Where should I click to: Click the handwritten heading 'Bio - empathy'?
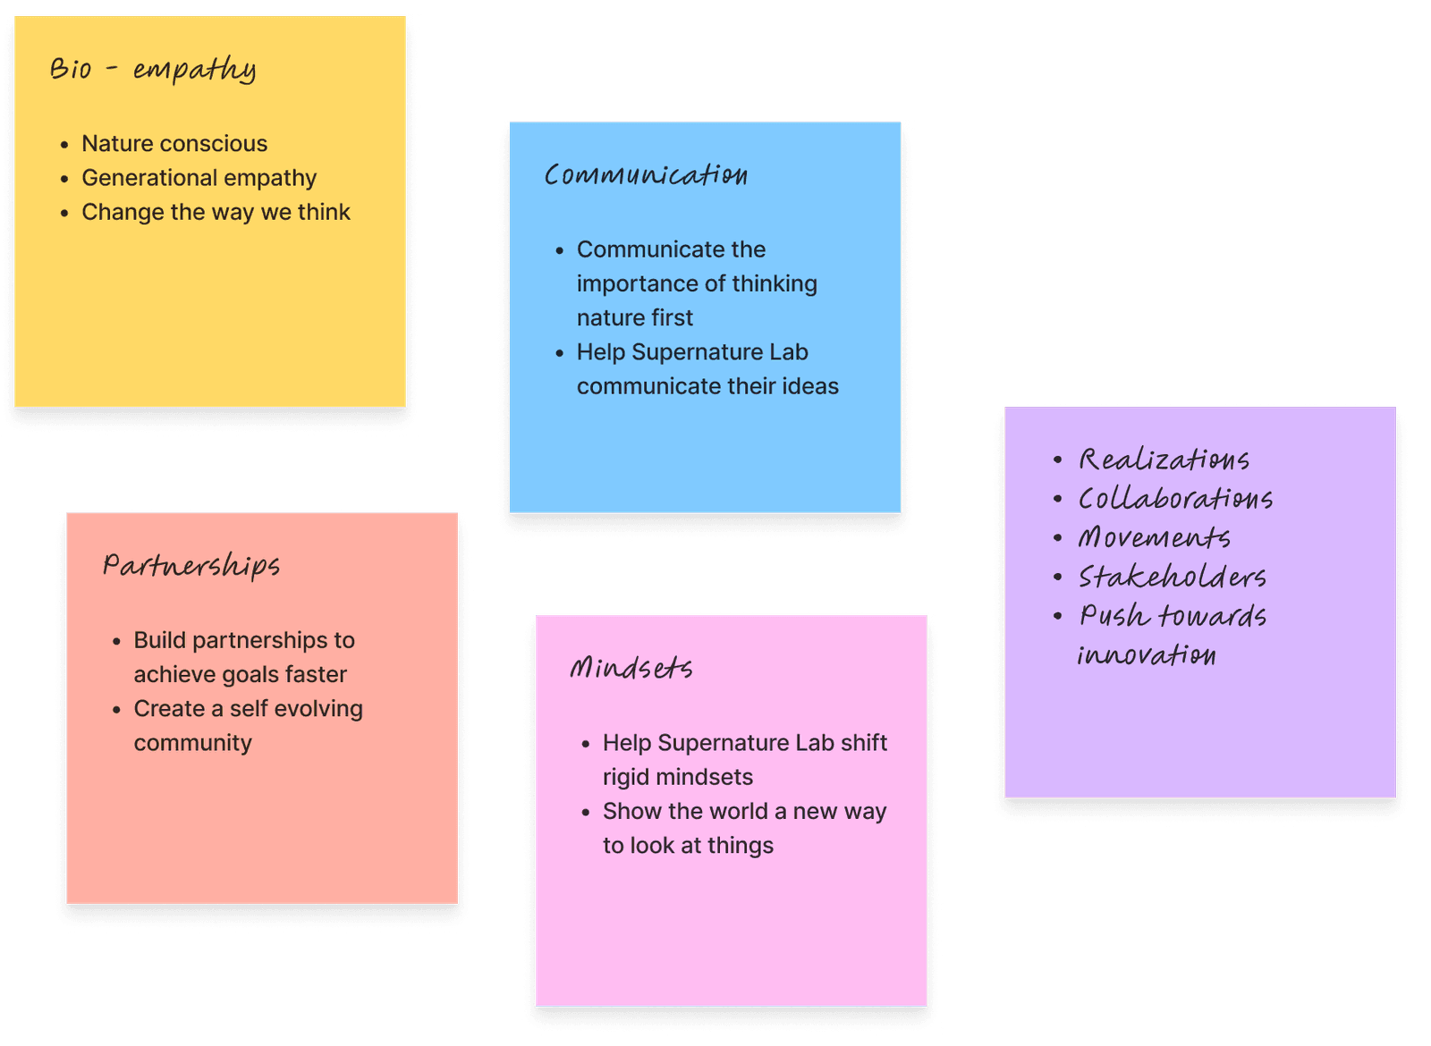click(x=153, y=69)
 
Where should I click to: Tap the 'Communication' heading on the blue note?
click(x=646, y=174)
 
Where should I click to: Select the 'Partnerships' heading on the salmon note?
click(x=191, y=565)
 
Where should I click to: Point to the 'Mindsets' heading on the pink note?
click(x=631, y=668)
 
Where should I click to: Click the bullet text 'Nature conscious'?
click(x=174, y=143)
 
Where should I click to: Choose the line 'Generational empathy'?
click(x=199, y=178)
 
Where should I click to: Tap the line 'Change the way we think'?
click(x=216, y=212)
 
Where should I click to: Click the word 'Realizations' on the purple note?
click(x=1164, y=460)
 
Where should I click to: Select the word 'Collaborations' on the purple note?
click(x=1175, y=499)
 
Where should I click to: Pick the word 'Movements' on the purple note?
click(x=1154, y=537)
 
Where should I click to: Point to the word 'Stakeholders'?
click(x=1172, y=577)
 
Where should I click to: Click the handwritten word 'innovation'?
click(x=1146, y=655)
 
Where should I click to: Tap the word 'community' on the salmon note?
click(x=192, y=743)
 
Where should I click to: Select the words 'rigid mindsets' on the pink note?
click(x=677, y=777)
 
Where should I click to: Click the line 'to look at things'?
click(x=688, y=846)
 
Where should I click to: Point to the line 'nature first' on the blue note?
click(x=634, y=317)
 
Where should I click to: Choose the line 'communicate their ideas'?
click(x=707, y=386)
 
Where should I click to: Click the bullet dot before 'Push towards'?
click(x=1057, y=616)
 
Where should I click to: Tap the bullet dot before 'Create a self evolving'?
click(x=116, y=710)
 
